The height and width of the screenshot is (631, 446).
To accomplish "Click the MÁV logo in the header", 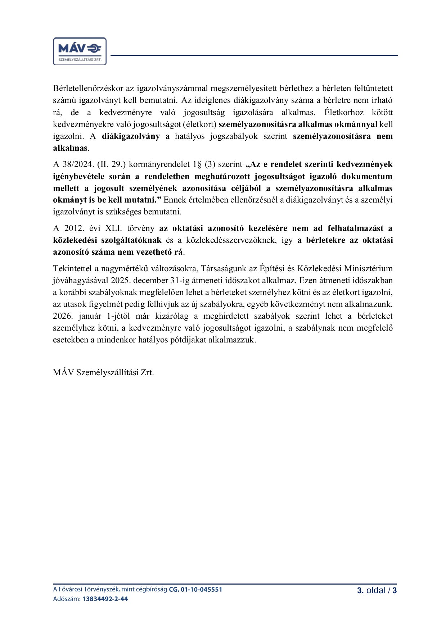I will pyautogui.click(x=80, y=51).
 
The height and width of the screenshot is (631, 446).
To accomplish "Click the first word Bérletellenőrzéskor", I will pyautogui.click(x=88, y=88).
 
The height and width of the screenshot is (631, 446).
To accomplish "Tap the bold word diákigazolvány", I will pyautogui.click(x=131, y=136).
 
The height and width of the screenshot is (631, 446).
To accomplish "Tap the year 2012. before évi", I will pyautogui.click(x=74, y=228).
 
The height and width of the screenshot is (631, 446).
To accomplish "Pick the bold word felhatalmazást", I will pyautogui.click(x=356, y=228).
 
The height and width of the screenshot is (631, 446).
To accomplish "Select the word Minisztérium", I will pyautogui.click(x=368, y=269).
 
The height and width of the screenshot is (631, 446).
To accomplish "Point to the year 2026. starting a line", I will pyautogui.click(x=63, y=316).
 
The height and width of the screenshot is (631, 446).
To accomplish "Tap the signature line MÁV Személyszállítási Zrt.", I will pyautogui.click(x=103, y=373).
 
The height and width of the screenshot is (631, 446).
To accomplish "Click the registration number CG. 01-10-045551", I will pyautogui.click(x=195, y=590).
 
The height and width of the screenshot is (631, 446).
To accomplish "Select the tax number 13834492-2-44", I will pyautogui.click(x=105, y=599).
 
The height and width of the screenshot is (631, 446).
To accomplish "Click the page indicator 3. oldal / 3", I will pyautogui.click(x=377, y=590).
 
